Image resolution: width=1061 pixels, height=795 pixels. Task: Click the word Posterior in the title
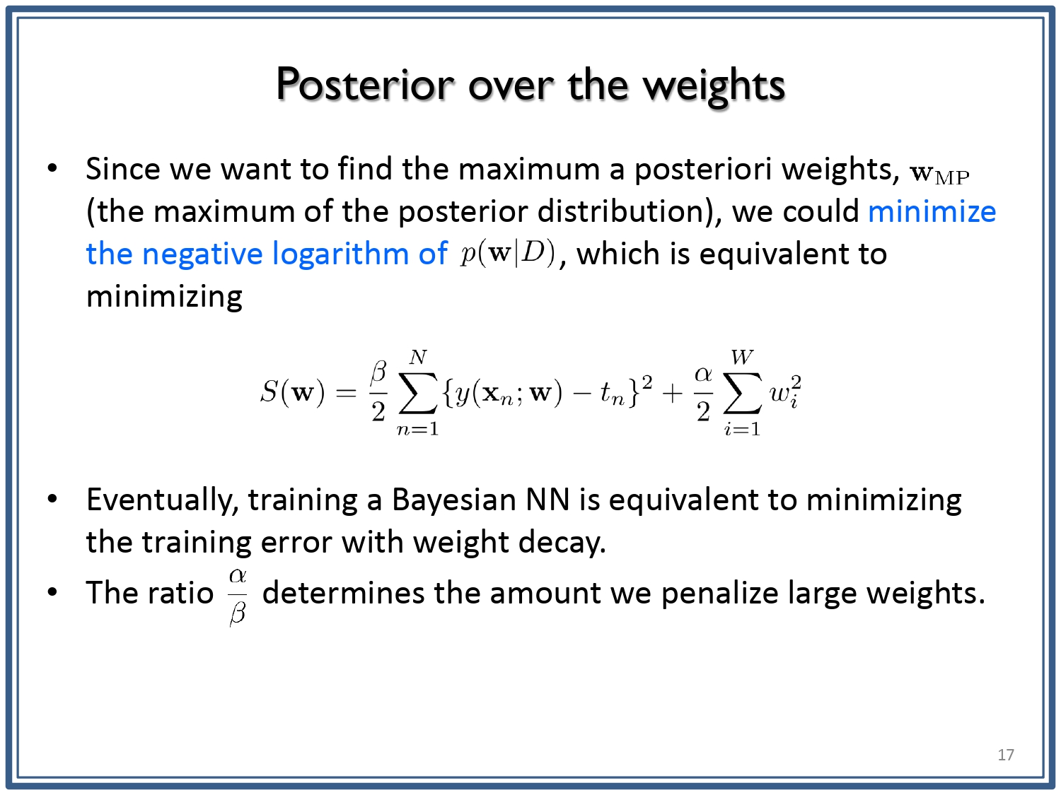pos(365,85)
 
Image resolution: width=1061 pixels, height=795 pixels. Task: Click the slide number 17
pos(1006,755)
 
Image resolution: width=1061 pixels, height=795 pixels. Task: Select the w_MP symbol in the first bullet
pos(939,174)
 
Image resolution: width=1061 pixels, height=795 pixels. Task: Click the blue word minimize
pos(932,211)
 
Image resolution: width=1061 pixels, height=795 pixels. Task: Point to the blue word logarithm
pos(340,254)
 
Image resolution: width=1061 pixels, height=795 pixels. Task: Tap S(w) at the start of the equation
pos(292,392)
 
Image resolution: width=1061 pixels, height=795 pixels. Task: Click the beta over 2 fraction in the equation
pos(379,391)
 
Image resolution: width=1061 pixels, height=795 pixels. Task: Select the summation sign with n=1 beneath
pos(417,393)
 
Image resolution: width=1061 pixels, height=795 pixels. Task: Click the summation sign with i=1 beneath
pos(742,393)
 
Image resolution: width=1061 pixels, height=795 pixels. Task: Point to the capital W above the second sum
pos(742,357)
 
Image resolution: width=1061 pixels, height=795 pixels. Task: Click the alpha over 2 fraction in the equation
pos(704,392)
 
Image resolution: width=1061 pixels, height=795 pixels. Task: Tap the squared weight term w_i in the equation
pos(785,392)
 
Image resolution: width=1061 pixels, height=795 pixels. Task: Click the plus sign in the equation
pos(672,394)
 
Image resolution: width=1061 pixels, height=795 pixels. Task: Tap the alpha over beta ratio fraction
pos(238,596)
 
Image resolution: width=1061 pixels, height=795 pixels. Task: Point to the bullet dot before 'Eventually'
pos(52,499)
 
